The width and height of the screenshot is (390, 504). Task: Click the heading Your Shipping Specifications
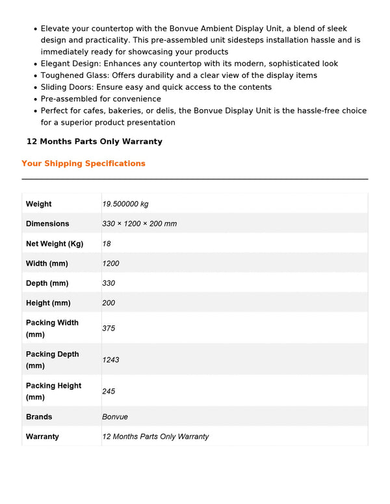pyautogui.click(x=83, y=164)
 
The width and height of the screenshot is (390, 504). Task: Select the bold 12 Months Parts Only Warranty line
pyautogui.click(x=94, y=142)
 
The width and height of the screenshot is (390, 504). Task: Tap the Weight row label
pyautogui.click(x=39, y=204)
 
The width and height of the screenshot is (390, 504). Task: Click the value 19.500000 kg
pyautogui.click(x=125, y=204)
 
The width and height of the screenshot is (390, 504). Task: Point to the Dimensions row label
pyautogui.click(x=47, y=223)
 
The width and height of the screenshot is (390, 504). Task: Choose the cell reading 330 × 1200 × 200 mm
pyautogui.click(x=139, y=223)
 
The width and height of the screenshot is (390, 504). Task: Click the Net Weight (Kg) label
pyautogui.click(x=55, y=244)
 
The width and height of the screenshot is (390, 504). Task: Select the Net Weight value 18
pyautogui.click(x=107, y=244)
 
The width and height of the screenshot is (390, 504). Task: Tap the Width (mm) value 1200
pyautogui.click(x=110, y=264)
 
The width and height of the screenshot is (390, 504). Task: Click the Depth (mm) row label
pyautogui.click(x=47, y=283)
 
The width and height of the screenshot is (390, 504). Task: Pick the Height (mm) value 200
pyautogui.click(x=109, y=303)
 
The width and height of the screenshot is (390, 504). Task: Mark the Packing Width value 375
pyautogui.click(x=109, y=329)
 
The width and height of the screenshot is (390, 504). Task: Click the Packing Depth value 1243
pyautogui.click(x=110, y=360)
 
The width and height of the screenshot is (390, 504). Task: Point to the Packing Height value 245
pyautogui.click(x=109, y=391)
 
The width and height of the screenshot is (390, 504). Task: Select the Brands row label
pyautogui.click(x=39, y=417)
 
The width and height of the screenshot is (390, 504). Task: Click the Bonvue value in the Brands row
pyautogui.click(x=115, y=417)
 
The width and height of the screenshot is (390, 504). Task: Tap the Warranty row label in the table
pyautogui.click(x=42, y=436)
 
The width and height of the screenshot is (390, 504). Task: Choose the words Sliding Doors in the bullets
pyautogui.click(x=66, y=87)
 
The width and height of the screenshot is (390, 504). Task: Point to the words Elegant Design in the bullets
pyautogui.click(x=69, y=64)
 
